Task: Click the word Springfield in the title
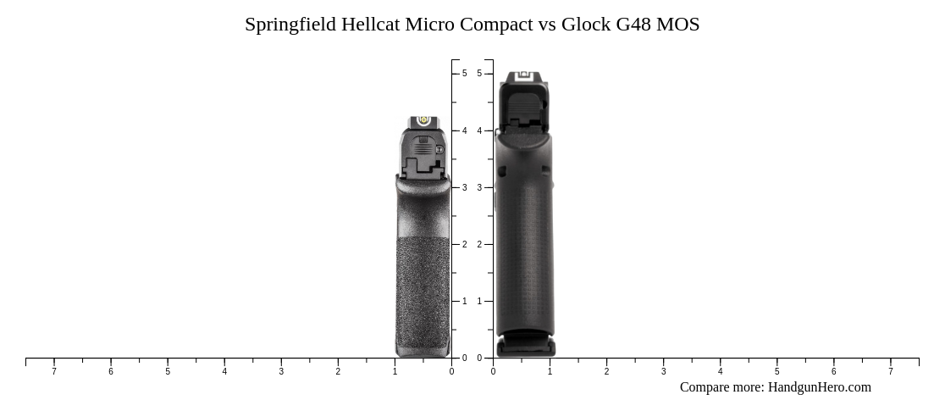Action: [x=290, y=25]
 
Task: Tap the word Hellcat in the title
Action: [x=371, y=25]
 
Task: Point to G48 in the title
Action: [x=633, y=25]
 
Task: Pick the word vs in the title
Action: [x=547, y=25]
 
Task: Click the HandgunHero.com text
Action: [x=819, y=387]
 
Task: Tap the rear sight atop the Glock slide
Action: [x=524, y=77]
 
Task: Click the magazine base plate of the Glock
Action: [x=526, y=346]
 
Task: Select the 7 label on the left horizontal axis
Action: [x=54, y=371]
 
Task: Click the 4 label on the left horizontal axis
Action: [x=224, y=371]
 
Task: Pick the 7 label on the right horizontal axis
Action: [x=890, y=371]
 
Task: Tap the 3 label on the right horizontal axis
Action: [x=663, y=371]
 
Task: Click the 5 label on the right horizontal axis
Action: [x=776, y=371]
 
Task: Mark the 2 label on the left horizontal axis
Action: [x=338, y=371]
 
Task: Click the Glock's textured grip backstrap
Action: [x=525, y=246]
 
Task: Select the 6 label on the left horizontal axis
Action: [x=111, y=371]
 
